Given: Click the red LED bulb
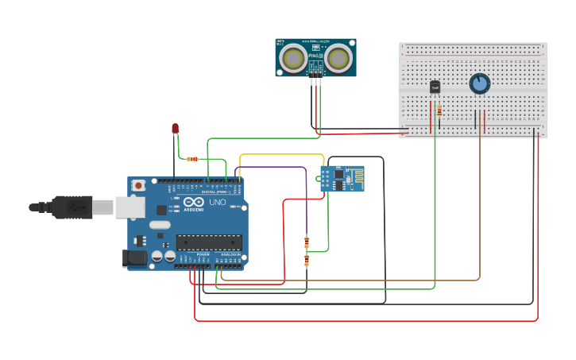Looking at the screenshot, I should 176,128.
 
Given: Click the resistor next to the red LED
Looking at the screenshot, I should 191,159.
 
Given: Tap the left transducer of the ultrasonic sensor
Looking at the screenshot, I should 293,58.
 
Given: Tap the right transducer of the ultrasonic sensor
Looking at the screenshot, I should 339,58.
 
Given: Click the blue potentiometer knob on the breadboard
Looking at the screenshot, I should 479,83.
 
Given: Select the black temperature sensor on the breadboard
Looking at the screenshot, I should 435,87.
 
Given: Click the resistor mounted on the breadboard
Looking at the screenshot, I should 439,110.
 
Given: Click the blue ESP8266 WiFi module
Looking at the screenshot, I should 342,179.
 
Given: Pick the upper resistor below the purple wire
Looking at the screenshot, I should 307,242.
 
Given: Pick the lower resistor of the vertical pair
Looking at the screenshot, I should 307,261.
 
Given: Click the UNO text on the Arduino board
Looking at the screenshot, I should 217,203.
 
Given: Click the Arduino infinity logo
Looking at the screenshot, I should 193,202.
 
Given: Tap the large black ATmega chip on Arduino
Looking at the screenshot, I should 208,242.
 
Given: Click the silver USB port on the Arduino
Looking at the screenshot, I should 130,207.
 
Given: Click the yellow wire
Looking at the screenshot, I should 282,155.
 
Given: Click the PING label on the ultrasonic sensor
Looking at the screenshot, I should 315,56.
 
